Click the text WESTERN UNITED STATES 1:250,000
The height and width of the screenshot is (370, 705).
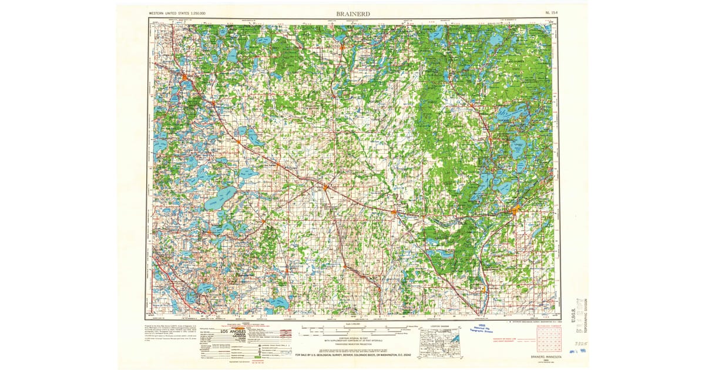[174, 12]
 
